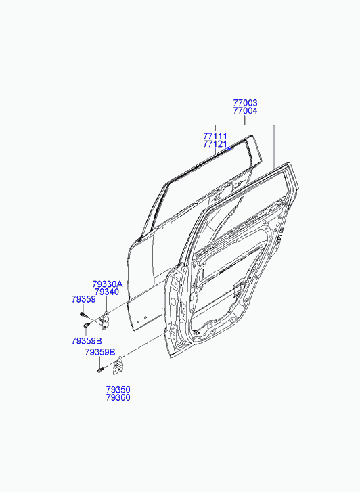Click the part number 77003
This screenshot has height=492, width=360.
245,103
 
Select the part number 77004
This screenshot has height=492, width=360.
245,111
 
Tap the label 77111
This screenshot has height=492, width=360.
215,137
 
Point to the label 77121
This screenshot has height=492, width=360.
215,144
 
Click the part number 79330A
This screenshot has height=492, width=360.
108,284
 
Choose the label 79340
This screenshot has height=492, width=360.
107,292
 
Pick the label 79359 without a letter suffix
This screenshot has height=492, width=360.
83,299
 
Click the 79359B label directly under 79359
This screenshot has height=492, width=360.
87,341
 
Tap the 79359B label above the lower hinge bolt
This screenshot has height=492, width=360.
100,353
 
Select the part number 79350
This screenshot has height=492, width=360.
118,390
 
